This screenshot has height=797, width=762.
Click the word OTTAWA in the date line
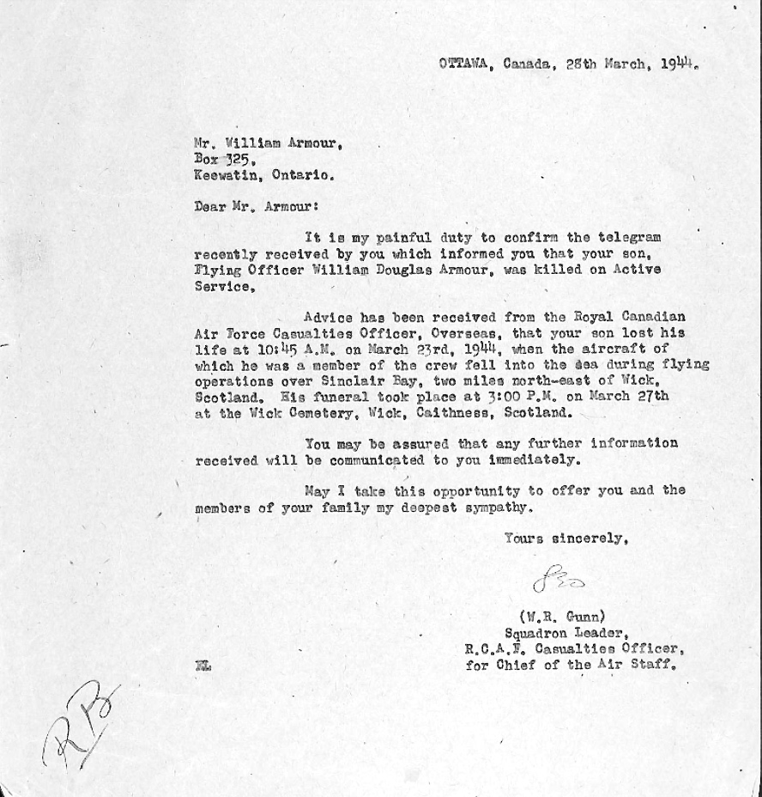[463, 63]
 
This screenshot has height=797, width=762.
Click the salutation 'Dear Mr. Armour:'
[256, 206]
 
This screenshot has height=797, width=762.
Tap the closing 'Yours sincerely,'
[565, 538]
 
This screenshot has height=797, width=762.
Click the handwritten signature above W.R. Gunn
[559, 581]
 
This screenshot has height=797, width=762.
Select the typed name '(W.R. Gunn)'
[561, 616]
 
